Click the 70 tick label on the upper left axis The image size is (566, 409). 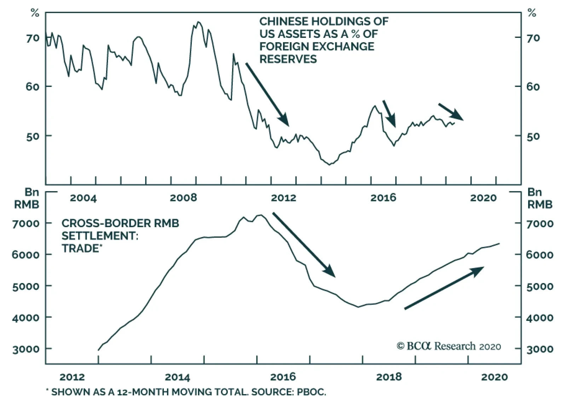tap(33, 38)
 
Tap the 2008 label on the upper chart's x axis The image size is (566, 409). tap(183, 197)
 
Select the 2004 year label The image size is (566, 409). tap(83, 197)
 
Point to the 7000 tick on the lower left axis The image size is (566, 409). tap(26, 224)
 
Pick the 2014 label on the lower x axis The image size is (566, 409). tap(177, 377)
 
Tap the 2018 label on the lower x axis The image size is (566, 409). tap(389, 377)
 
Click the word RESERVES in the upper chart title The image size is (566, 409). tap(288, 59)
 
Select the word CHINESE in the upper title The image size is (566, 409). tap(284, 22)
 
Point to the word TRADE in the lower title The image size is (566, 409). tap(80, 248)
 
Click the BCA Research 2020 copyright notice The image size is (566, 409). tap(449, 346)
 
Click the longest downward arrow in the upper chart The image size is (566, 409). tap(267, 94)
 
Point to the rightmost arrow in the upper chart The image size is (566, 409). tap(451, 111)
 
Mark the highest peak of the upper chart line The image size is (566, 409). tap(198, 22)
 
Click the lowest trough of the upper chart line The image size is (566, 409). tap(329, 165)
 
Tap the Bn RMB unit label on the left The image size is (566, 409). tap(27, 198)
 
